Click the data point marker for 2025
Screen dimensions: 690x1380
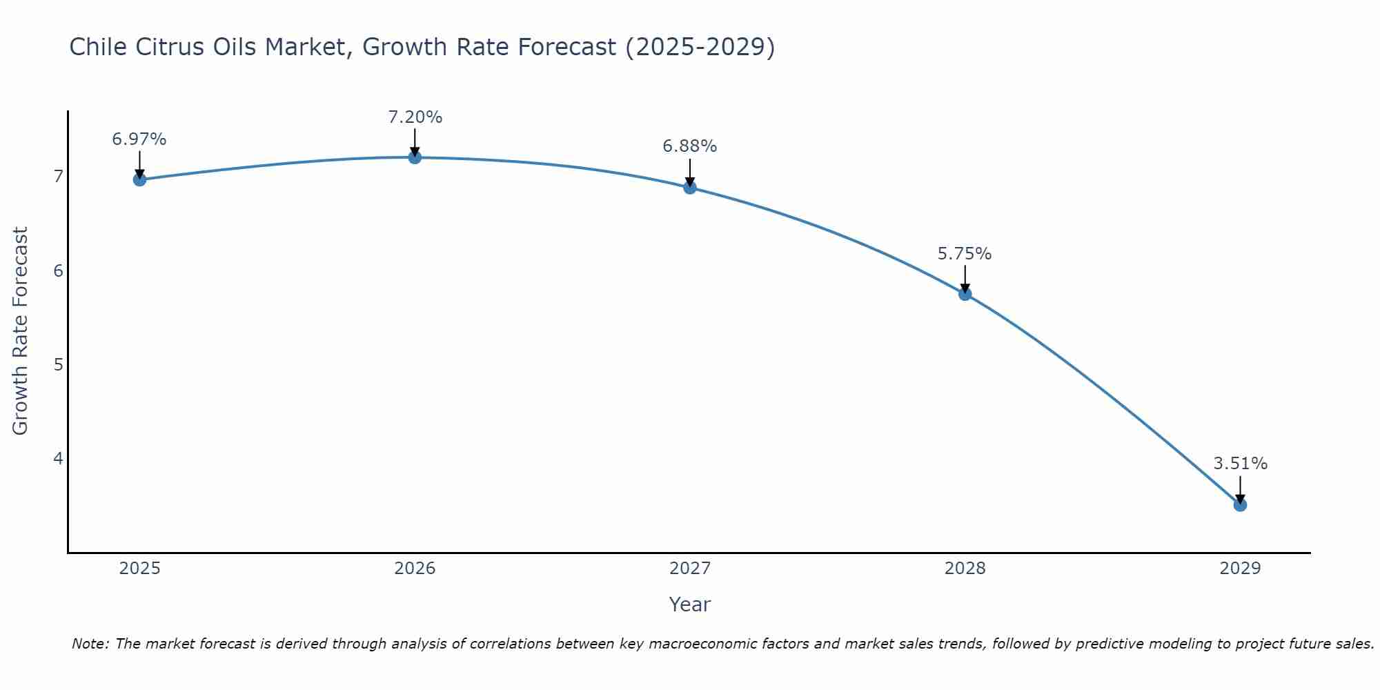pyautogui.click(x=139, y=179)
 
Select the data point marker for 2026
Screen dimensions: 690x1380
pyautogui.click(x=415, y=157)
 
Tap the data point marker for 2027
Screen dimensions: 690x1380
pyautogui.click(x=690, y=188)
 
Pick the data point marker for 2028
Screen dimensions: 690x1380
pyautogui.click(x=965, y=294)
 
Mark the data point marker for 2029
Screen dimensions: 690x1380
pyautogui.click(x=1240, y=505)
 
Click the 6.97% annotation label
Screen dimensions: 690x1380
pyautogui.click(x=139, y=139)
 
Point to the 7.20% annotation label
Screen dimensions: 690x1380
pyautogui.click(x=415, y=117)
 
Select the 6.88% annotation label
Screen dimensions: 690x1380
pyautogui.click(x=690, y=146)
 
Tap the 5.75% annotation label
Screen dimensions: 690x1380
pyautogui.click(x=965, y=254)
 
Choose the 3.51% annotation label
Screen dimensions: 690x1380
pyautogui.click(x=1240, y=464)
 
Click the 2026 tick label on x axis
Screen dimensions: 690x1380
pyautogui.click(x=415, y=569)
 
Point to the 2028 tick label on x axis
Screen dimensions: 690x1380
pyautogui.click(x=965, y=569)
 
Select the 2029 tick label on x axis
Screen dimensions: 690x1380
pyautogui.click(x=1240, y=569)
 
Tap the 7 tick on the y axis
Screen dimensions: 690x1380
pyautogui.click(x=58, y=177)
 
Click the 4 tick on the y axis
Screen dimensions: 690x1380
pyautogui.click(x=58, y=458)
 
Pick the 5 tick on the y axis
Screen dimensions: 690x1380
pyautogui.click(x=58, y=364)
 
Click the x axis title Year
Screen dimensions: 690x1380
pyautogui.click(x=690, y=604)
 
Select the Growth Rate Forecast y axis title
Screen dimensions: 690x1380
pyautogui.click(x=21, y=331)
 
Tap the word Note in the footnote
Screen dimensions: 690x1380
pyautogui.click(x=90, y=644)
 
